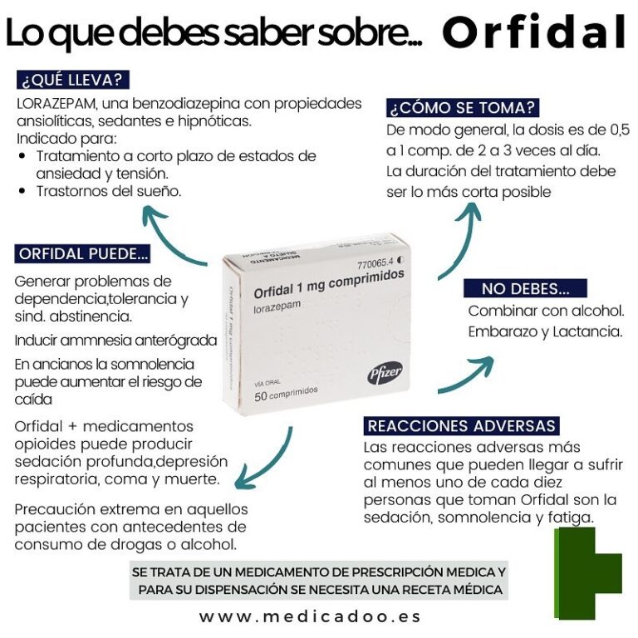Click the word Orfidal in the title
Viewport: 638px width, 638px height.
pyautogui.click(x=533, y=33)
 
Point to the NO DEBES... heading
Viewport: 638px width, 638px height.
pyautogui.click(x=525, y=289)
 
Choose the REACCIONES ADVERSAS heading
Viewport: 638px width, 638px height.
pyautogui.click(x=462, y=426)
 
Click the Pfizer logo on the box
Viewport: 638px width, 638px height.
pyautogui.click(x=385, y=375)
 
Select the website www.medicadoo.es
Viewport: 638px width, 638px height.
pyautogui.click(x=310, y=616)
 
